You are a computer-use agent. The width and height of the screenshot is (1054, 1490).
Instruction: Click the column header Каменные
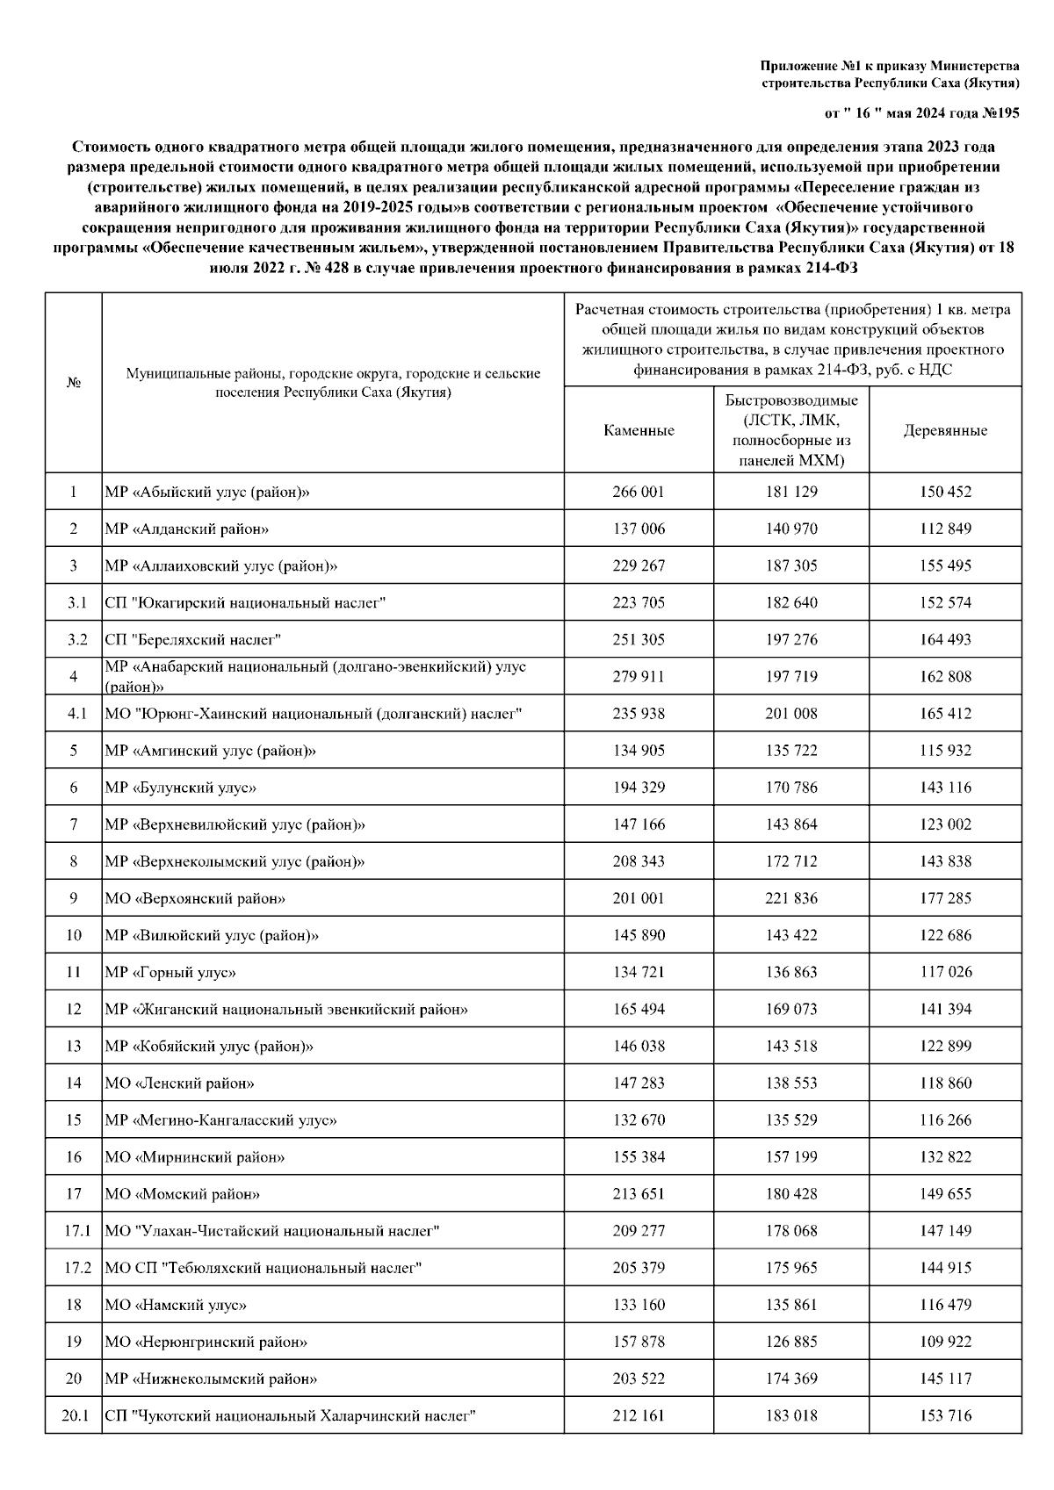pyautogui.click(x=639, y=430)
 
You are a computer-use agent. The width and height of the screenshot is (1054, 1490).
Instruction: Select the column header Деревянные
pyautogui.click(x=945, y=430)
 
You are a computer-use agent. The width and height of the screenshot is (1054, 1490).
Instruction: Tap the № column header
pyautogui.click(x=74, y=383)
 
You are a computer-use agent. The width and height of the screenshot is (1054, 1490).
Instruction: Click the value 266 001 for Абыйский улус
pyautogui.click(x=639, y=492)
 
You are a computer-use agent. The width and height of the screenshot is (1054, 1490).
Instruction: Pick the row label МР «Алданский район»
pyautogui.click(x=186, y=529)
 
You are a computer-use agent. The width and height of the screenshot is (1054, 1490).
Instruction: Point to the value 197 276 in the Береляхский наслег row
pyautogui.click(x=790, y=639)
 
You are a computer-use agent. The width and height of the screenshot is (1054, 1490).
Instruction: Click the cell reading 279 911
pyautogui.click(x=639, y=676)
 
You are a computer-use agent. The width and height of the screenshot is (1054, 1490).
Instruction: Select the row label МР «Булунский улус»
pyautogui.click(x=180, y=788)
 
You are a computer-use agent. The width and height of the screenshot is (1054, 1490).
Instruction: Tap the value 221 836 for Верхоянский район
pyautogui.click(x=790, y=898)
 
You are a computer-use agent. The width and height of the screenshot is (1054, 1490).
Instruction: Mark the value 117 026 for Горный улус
pyautogui.click(x=945, y=972)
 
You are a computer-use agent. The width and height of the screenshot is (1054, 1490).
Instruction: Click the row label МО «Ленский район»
pyautogui.click(x=179, y=1083)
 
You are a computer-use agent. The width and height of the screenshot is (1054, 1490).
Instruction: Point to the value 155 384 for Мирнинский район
pyautogui.click(x=639, y=1156)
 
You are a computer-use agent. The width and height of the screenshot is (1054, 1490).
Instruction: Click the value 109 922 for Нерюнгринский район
pyautogui.click(x=945, y=1342)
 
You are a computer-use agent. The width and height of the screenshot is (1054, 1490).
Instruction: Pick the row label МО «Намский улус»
pyautogui.click(x=176, y=1305)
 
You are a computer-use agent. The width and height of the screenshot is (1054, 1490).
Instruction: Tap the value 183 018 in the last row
pyautogui.click(x=790, y=1415)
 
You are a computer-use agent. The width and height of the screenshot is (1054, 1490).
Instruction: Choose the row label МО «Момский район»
pyautogui.click(x=182, y=1194)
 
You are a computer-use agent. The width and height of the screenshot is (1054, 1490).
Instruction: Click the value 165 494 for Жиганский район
pyautogui.click(x=639, y=1009)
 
